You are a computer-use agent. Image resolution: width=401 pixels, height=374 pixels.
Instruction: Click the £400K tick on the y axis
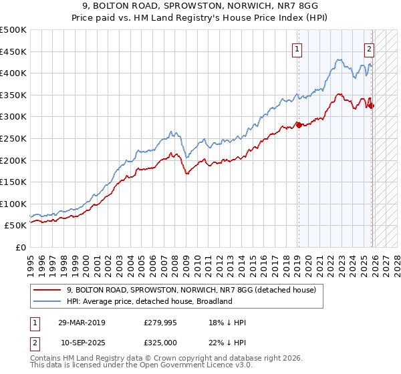point(13,73)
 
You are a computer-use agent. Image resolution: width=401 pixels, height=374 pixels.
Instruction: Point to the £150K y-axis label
point(13,182)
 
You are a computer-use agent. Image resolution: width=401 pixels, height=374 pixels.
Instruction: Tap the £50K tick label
point(15,226)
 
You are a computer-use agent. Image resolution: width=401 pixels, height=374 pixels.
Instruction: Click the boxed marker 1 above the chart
point(296,48)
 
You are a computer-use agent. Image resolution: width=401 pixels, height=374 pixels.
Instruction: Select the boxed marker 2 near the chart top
point(369,48)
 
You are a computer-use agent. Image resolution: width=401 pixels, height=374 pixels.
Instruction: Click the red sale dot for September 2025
point(371,106)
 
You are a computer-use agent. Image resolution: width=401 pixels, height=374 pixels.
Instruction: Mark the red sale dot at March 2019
point(298,126)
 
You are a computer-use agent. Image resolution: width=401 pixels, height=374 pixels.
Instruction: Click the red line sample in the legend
point(47,290)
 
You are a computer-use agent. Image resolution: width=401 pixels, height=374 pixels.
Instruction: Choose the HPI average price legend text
point(149,301)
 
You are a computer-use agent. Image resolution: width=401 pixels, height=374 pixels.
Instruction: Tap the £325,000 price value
point(160,343)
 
